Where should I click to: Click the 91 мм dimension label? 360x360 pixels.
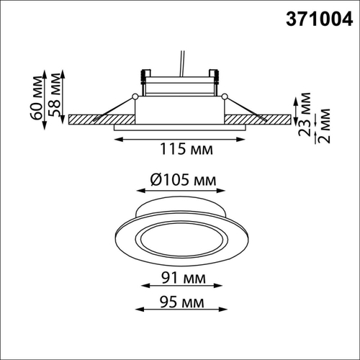point(181,278)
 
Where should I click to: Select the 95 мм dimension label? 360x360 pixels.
point(181,299)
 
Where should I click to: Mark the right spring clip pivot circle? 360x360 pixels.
point(225,96)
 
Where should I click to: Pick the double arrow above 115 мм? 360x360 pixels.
point(180,137)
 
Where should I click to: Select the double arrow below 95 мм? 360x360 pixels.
point(180,310)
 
